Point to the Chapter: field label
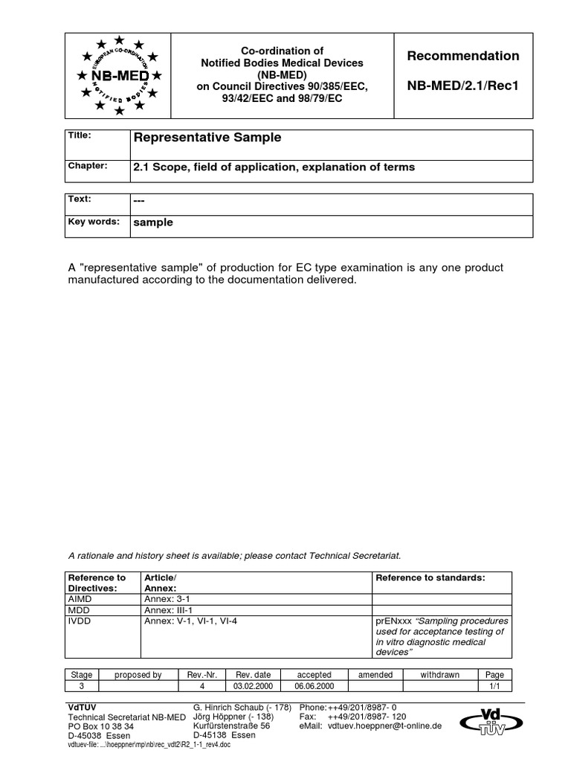88,166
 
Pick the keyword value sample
153,222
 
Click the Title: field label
80,135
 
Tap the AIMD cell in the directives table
80,598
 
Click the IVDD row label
80,621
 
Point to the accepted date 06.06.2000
314,687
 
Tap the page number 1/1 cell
494,687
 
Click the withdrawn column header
440,675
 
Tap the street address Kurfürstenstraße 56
231,726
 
